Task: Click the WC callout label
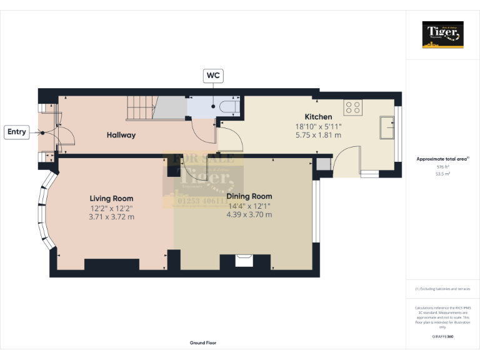coord(214,76)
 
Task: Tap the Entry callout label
coord(17,132)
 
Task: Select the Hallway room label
coord(121,135)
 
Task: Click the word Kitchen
coord(318,117)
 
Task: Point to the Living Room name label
coord(111,198)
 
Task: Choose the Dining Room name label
coord(249,196)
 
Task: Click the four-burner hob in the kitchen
coord(354,107)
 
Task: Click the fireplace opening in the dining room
coord(243,260)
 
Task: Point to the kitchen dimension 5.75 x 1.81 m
coord(318,135)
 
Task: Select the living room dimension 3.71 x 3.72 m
coord(111,217)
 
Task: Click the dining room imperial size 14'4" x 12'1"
coord(249,206)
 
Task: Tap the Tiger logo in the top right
coord(443,34)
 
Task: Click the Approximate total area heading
coord(442,159)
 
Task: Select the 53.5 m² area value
coord(443,174)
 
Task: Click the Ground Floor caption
coord(202,343)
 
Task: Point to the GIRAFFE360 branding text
coord(442,337)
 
